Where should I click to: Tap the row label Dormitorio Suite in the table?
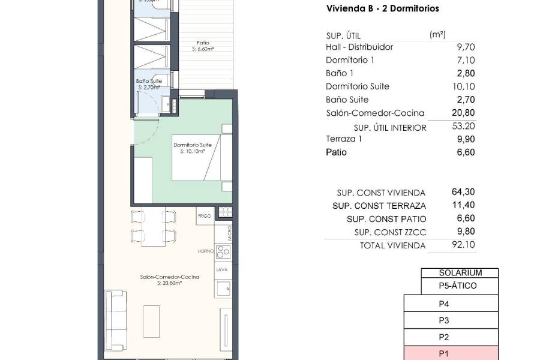(357, 86)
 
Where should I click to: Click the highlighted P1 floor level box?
(444, 353)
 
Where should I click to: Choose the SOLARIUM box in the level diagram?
(460, 272)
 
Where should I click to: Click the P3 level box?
(444, 320)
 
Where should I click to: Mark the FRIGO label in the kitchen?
(204, 214)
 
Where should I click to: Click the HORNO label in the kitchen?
(205, 251)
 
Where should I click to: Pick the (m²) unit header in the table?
(437, 35)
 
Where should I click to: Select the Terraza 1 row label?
(344, 139)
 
